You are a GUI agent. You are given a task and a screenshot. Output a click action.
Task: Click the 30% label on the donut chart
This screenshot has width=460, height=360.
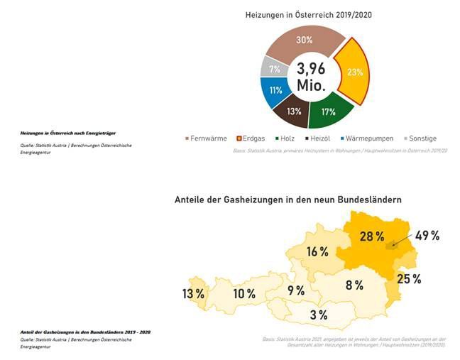(x=304, y=40)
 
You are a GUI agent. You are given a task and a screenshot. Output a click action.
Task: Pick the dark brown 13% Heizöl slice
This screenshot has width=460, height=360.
(x=294, y=111)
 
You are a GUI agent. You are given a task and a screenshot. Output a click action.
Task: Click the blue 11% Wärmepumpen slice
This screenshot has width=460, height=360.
(x=275, y=90)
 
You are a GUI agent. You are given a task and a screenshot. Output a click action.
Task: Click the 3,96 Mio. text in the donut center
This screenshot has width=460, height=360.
(x=310, y=77)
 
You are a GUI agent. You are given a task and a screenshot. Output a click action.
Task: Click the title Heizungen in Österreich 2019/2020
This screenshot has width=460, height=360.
(x=309, y=14)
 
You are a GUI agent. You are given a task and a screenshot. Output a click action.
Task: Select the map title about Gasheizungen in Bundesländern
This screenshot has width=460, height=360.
(x=287, y=200)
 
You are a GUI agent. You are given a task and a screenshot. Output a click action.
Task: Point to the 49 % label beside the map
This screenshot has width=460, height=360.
(x=427, y=236)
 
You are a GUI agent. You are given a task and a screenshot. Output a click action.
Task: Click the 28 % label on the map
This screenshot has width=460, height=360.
(x=371, y=236)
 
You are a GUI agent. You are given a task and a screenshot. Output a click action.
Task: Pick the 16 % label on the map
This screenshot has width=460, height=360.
(x=317, y=251)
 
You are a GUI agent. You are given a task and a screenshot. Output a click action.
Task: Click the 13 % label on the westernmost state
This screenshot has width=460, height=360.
(x=192, y=293)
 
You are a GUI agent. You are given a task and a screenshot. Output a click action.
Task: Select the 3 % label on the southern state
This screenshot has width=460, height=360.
(x=318, y=315)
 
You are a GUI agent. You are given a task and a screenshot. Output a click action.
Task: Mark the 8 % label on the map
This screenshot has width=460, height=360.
(x=354, y=285)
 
